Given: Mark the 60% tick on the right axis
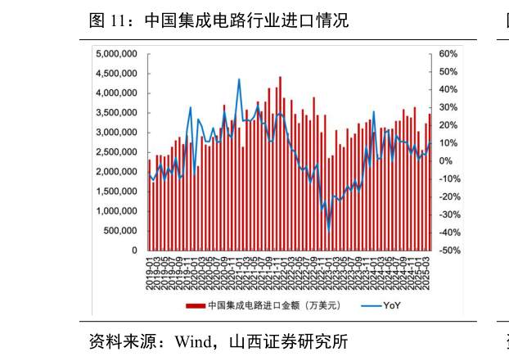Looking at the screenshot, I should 447,54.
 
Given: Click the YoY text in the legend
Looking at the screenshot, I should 393,305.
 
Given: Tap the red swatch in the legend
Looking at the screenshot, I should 195,305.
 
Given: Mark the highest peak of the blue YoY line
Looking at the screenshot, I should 239,79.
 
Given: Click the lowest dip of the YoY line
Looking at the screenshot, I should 329,230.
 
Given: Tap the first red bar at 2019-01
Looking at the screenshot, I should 149,205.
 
